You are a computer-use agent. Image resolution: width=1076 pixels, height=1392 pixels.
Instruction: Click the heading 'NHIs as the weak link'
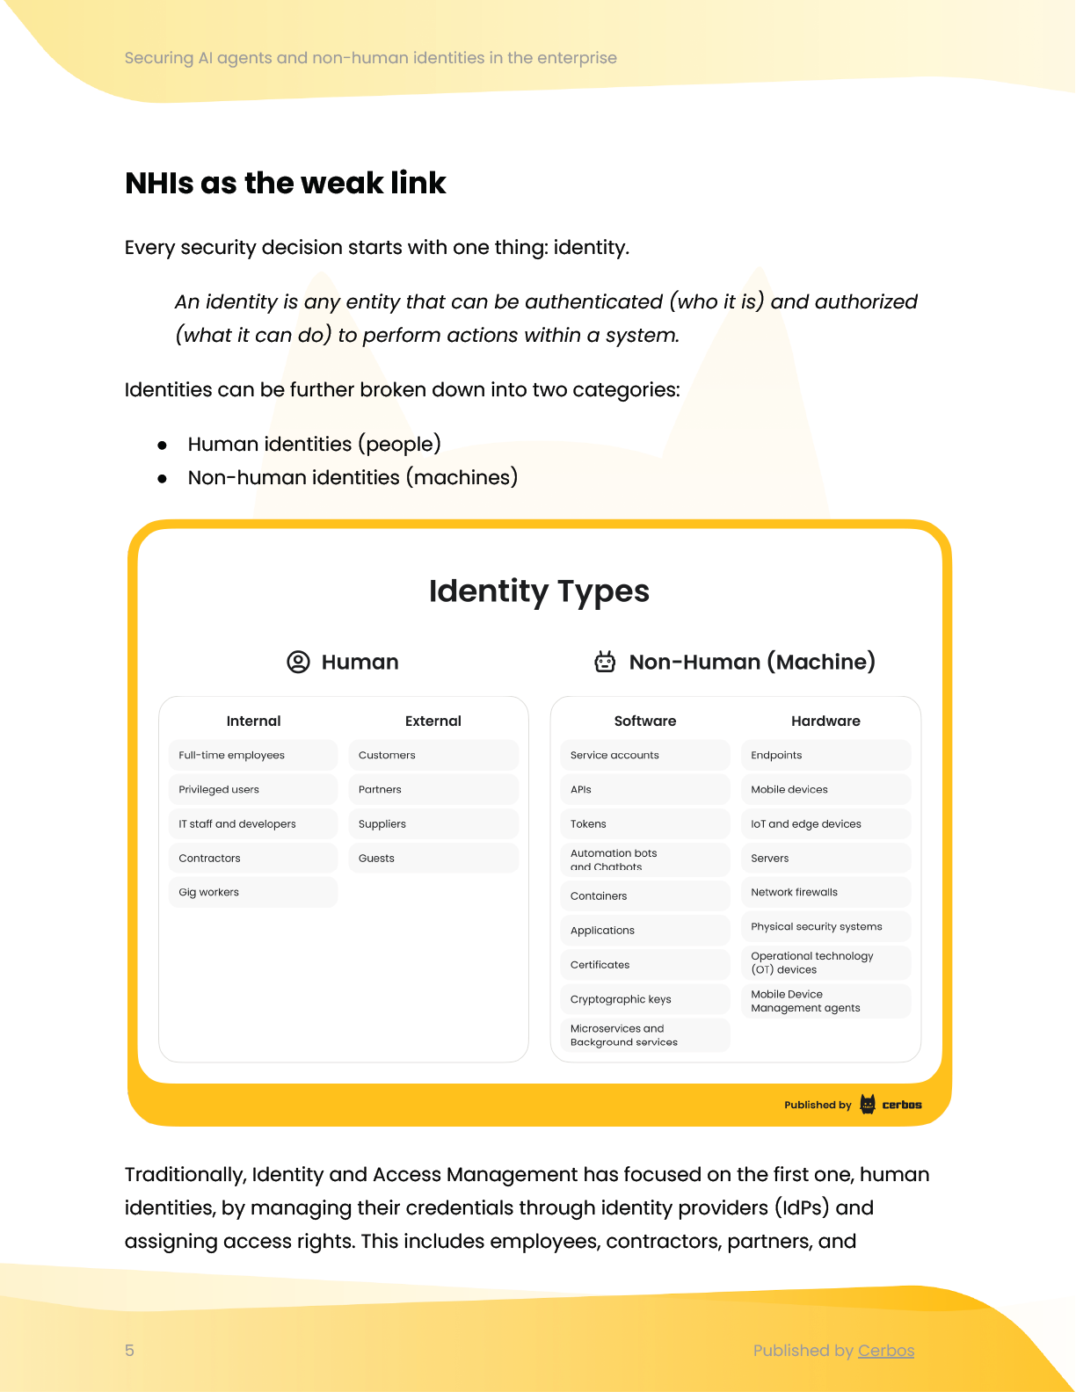click(x=285, y=183)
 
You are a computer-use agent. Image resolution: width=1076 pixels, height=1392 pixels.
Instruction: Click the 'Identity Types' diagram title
click(x=538, y=591)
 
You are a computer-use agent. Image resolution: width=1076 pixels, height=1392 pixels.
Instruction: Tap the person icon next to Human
click(x=299, y=662)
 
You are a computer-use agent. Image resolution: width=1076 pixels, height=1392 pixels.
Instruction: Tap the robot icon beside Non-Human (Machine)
click(x=605, y=662)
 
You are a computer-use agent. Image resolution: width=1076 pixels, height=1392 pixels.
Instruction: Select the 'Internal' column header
click(x=253, y=721)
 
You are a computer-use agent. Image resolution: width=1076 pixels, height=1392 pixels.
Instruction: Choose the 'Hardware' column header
click(x=825, y=721)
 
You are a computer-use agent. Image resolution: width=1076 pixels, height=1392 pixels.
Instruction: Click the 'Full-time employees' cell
click(x=252, y=755)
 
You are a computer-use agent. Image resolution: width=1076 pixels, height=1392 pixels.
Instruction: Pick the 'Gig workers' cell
click(x=252, y=892)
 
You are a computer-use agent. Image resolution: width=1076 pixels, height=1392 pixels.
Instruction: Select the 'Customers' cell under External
click(x=433, y=755)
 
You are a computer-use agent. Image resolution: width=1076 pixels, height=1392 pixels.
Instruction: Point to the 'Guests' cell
click(x=433, y=858)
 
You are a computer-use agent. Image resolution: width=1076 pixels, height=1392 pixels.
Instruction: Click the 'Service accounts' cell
click(x=644, y=755)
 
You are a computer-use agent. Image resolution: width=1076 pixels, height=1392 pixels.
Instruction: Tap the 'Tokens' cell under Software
click(x=644, y=823)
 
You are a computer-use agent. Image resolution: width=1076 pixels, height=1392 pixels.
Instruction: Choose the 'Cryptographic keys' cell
click(x=644, y=999)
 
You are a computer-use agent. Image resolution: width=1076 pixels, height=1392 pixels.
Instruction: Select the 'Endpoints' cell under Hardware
click(x=825, y=755)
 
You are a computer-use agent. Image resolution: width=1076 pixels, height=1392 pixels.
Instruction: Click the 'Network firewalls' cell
click(x=825, y=892)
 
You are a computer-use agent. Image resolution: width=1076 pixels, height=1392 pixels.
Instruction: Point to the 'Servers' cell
click(x=825, y=858)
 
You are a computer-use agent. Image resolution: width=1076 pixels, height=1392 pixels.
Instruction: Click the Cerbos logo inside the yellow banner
click(x=891, y=1105)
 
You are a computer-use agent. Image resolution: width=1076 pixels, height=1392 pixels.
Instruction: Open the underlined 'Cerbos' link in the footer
click(x=886, y=1351)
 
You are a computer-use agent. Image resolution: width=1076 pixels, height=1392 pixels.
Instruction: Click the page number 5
click(x=130, y=1351)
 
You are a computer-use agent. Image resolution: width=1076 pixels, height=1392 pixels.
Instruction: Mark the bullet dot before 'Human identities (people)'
click(x=162, y=446)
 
